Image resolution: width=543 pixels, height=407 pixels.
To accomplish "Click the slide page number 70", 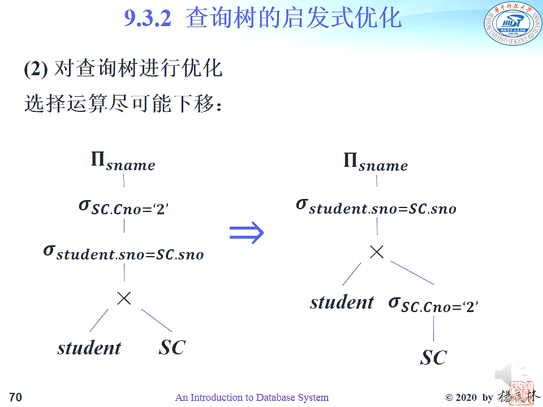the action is [15, 397].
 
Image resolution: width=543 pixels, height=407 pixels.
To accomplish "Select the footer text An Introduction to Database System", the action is [252, 397].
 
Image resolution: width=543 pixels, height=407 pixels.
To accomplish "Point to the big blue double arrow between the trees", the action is [247, 232].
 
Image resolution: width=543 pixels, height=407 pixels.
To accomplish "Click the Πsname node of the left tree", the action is [123, 162].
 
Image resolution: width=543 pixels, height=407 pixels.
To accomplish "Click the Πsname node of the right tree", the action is [376, 162].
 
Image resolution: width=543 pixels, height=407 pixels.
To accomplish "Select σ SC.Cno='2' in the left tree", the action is [124, 207].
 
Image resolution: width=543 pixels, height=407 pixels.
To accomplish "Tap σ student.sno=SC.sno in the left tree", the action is [123, 252].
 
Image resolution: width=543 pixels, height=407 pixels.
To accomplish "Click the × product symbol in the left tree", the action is [124, 298].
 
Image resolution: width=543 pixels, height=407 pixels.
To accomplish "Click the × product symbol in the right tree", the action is [377, 252].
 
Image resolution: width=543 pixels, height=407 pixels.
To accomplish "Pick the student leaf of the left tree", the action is [89, 348].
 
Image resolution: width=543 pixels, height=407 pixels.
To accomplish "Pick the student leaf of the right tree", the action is [342, 302].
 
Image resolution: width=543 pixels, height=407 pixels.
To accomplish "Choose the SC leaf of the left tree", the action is [172, 348].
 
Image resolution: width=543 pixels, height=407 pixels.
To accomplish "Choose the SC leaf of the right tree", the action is [433, 357].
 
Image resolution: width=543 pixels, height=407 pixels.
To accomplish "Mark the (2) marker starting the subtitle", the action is [35, 70].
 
